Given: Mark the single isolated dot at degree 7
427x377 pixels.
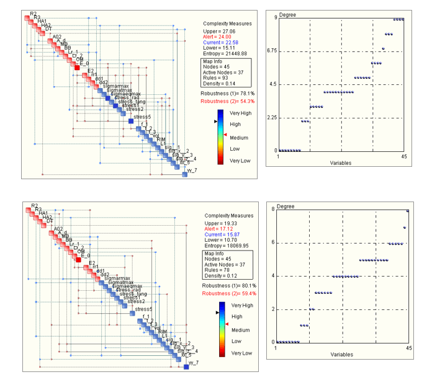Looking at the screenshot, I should tap(405, 228).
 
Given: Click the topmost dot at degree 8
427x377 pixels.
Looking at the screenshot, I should tap(408, 211).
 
